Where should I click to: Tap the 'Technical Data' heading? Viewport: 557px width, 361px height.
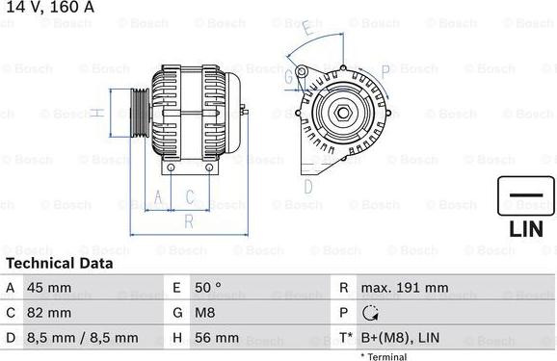pyautogui.click(x=60, y=263)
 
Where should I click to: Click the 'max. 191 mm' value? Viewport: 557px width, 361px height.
pyautogui.click(x=404, y=288)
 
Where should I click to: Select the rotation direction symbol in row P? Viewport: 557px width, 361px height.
pyautogui.click(x=371, y=313)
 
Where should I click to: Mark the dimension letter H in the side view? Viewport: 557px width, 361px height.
pyautogui.click(x=96, y=113)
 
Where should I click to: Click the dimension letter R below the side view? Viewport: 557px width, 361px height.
pyautogui.click(x=189, y=221)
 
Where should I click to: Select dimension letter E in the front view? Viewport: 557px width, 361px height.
pyautogui.click(x=306, y=29)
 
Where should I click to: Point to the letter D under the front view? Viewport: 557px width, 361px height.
pyautogui.click(x=308, y=186)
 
